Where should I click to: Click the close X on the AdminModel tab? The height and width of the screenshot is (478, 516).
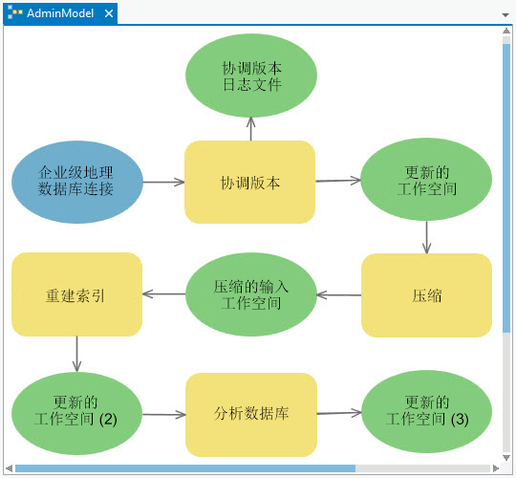pos(108,14)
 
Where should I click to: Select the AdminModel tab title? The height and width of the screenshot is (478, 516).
pos(59,14)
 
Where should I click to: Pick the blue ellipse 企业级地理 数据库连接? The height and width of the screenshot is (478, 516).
pos(77,182)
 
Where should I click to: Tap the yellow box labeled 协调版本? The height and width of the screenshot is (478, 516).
pos(249,183)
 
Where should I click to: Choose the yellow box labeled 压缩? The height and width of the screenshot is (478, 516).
pos(426,295)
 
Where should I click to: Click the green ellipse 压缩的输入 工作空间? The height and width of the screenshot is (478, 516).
pos(251,294)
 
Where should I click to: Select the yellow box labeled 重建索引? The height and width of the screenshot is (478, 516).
pos(76,294)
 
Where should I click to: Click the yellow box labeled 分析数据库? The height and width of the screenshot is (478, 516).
pos(250,414)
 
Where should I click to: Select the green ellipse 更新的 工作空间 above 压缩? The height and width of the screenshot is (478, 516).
pos(426,181)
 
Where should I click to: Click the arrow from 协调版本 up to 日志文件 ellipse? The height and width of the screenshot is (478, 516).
pos(250,129)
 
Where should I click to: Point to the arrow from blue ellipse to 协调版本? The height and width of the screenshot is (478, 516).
pos(163,182)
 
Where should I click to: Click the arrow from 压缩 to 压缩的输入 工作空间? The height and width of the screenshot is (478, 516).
pos(339,294)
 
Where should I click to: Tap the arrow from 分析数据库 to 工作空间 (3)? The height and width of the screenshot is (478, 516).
pos(339,413)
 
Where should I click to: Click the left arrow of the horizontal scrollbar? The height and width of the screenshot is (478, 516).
pos(9,468)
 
